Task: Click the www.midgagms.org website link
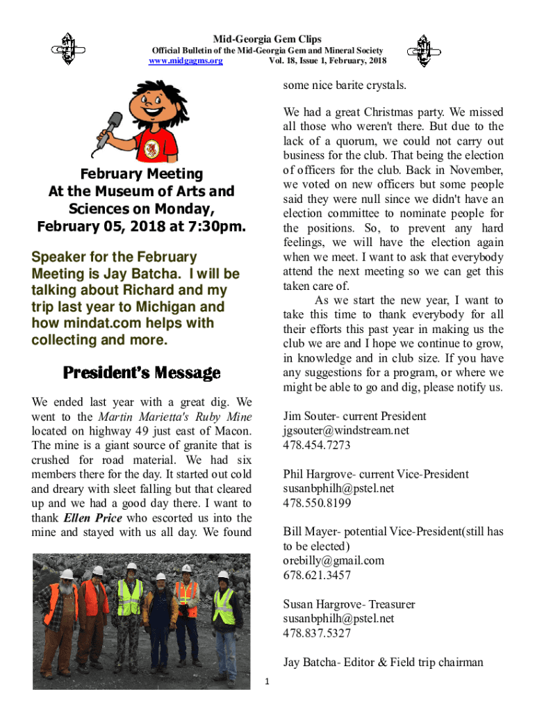coord(186,61)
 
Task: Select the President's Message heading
coord(142,373)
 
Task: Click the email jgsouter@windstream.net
coord(346,430)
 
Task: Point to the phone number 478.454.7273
coord(317,445)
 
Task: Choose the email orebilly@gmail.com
coord(334,560)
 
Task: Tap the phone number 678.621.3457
coord(317,575)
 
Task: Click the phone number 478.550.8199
coord(317,503)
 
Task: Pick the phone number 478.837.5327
coord(317,633)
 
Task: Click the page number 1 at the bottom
coord(267,680)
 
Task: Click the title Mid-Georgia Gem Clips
coord(267,39)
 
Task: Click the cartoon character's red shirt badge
coord(150,147)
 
